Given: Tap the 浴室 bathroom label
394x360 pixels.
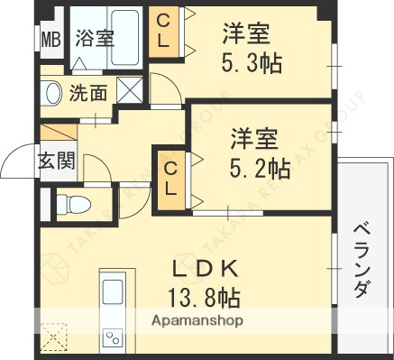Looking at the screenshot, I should coord(95,39).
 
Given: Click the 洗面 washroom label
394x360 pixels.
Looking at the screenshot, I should coord(88,92).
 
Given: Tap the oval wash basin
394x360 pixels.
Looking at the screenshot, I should coord(51,92).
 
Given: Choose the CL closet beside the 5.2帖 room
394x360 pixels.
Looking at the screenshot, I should coord(170,179).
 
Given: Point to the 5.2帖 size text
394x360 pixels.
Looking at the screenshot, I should coord(254,168).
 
